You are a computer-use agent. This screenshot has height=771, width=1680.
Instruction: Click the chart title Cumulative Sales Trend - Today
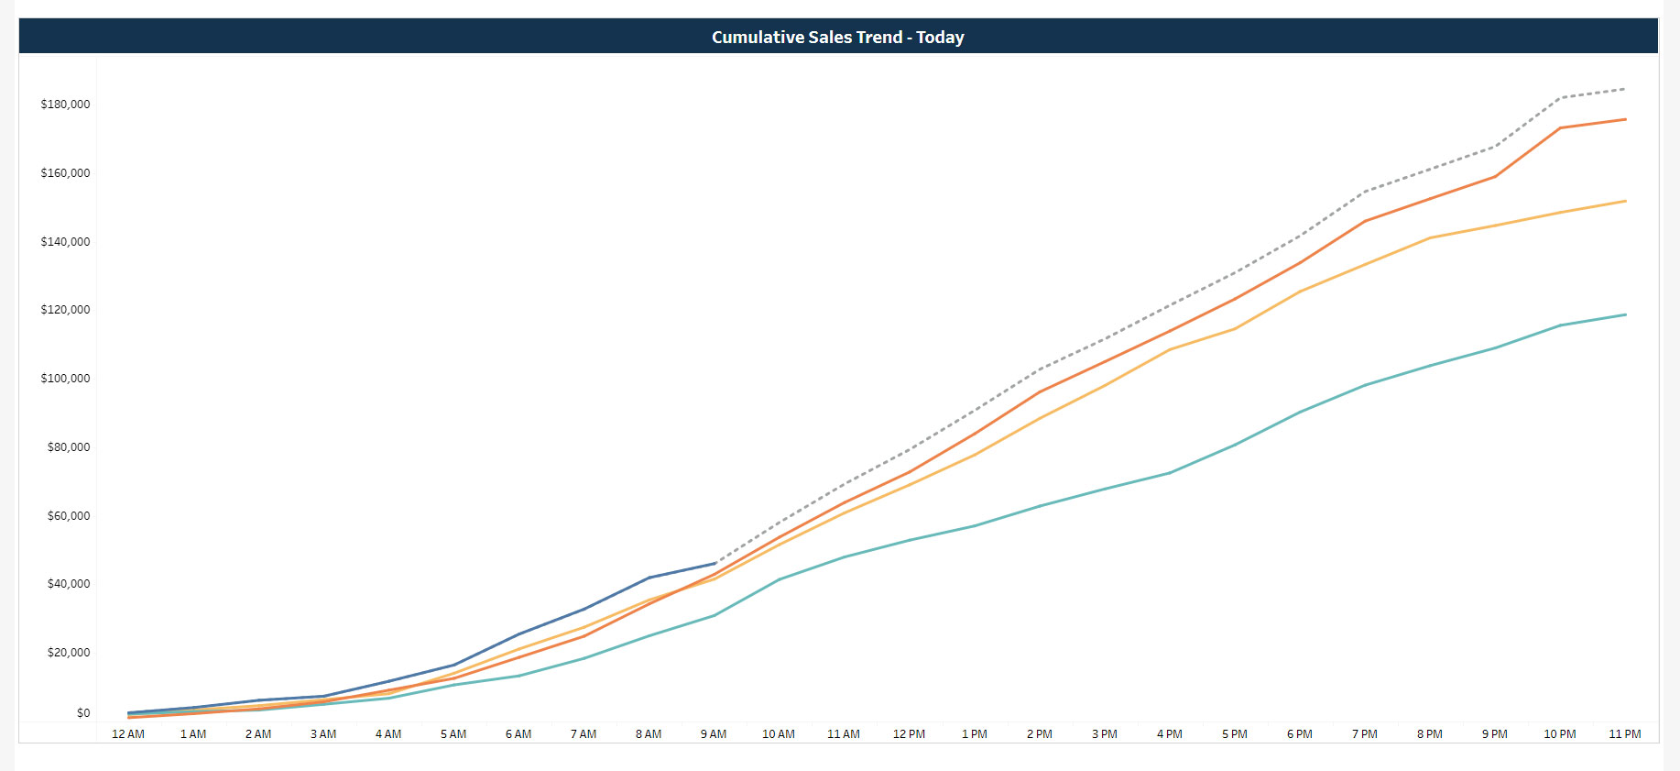(837, 37)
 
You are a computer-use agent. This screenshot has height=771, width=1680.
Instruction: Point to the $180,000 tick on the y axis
(65, 105)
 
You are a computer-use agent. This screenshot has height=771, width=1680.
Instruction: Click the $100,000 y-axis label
(65, 379)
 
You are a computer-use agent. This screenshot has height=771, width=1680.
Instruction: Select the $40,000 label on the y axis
(69, 584)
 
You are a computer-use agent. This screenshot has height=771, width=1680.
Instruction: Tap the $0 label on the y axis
(83, 713)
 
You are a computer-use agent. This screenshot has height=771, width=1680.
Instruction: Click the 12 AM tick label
(128, 734)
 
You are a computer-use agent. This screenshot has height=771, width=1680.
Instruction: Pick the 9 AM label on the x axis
(714, 734)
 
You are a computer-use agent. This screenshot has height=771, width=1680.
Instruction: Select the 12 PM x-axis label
(909, 734)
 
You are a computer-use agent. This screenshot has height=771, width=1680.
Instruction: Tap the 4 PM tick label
(1169, 734)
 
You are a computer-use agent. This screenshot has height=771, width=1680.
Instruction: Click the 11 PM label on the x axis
(1624, 734)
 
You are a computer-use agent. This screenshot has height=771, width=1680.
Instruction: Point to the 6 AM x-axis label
(518, 734)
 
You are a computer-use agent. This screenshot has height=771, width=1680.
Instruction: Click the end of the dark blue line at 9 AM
(715, 564)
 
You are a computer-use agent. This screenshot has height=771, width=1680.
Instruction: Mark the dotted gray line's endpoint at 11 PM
(1625, 89)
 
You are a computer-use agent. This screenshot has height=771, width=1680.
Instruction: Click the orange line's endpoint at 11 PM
(1625, 119)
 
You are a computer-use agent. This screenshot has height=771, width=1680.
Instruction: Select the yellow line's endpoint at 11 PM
(1625, 201)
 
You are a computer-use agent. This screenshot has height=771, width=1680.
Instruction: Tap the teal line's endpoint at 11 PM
(1625, 314)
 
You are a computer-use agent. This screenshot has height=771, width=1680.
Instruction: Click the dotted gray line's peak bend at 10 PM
(1560, 97)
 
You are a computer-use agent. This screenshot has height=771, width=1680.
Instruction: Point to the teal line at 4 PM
(1170, 473)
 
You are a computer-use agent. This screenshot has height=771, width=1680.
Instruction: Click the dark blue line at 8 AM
(649, 578)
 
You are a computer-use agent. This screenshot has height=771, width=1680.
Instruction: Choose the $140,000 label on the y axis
(65, 242)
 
